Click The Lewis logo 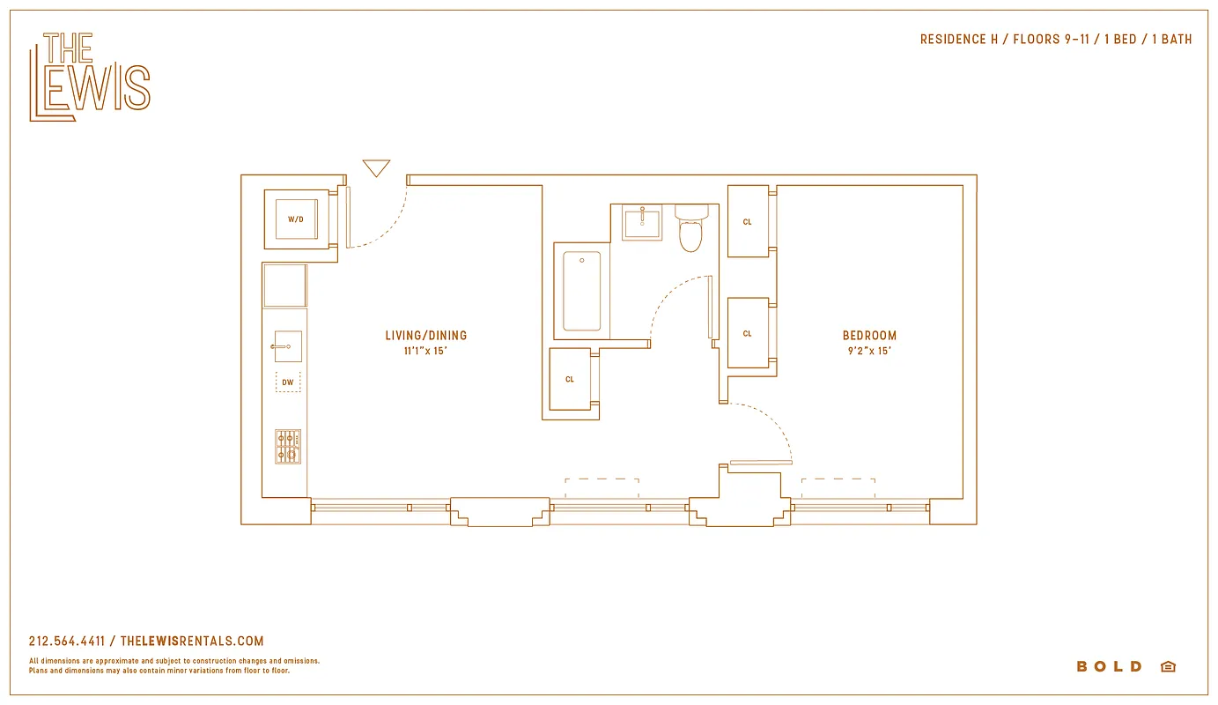click(90, 77)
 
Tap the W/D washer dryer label click(296, 219)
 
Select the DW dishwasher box click(288, 382)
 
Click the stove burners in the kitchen click(287, 447)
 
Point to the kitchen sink click(288, 346)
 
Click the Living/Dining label click(425, 336)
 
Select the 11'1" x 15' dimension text click(425, 351)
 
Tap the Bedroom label click(869, 336)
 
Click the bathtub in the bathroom click(581, 291)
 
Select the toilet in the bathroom click(691, 230)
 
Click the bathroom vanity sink click(642, 222)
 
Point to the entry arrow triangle click(376, 167)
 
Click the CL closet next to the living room click(570, 380)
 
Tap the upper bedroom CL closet click(748, 222)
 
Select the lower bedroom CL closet click(748, 334)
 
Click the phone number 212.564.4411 click(67, 642)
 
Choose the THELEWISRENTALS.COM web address click(191, 642)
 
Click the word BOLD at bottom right click(1109, 666)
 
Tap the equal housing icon click(1168, 666)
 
